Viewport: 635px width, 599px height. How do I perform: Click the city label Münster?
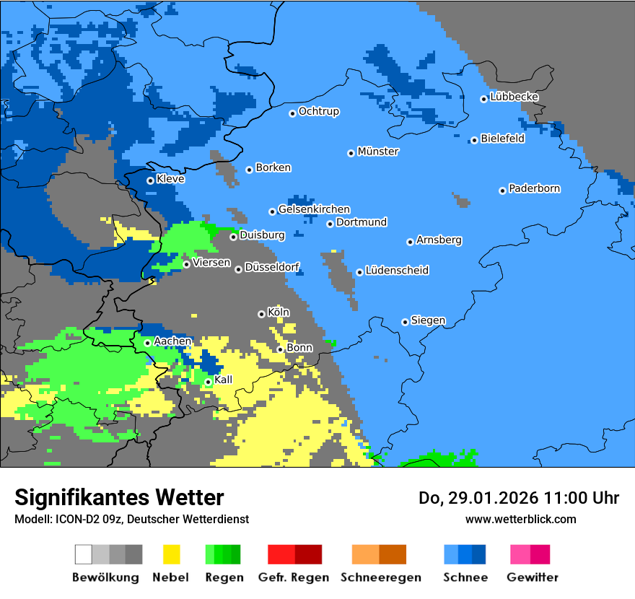click(378, 152)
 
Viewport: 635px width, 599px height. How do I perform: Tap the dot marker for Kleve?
click(150, 180)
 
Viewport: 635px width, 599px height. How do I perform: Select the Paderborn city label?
click(535, 188)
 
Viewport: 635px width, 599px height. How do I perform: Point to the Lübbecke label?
click(514, 97)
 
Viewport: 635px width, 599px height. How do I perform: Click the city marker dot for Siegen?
click(405, 322)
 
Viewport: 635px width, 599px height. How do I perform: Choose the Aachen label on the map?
click(173, 341)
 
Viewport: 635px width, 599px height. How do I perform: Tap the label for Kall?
click(224, 380)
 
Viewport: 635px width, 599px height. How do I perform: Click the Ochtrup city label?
click(319, 111)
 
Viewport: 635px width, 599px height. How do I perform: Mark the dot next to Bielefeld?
click(474, 140)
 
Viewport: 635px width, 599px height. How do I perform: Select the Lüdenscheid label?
click(398, 270)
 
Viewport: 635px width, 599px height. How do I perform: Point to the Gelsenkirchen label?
click(314, 209)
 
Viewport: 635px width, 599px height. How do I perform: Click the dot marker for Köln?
click(261, 314)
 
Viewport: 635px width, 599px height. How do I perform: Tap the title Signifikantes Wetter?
click(119, 497)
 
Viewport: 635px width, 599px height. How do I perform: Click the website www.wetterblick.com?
click(521, 519)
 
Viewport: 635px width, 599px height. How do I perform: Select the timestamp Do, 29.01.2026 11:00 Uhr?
click(518, 498)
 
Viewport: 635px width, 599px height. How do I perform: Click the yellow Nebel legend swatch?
click(172, 554)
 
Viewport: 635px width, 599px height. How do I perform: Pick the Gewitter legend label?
click(533, 577)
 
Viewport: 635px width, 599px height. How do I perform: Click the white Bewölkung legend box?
click(84, 554)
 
